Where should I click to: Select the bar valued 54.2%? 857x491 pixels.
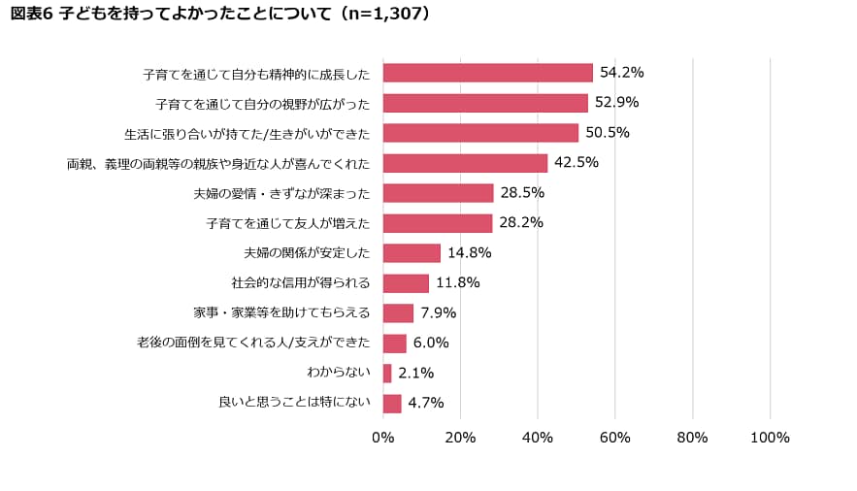pyautogui.click(x=487, y=73)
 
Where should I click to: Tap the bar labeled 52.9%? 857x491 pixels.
pyautogui.click(x=485, y=103)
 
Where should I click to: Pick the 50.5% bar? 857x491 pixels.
pyautogui.click(x=480, y=133)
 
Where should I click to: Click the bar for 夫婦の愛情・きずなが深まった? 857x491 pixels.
pyautogui.click(x=438, y=193)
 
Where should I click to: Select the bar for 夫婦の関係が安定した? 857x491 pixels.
pyautogui.click(x=412, y=253)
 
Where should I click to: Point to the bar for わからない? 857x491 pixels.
pyautogui.click(x=387, y=374)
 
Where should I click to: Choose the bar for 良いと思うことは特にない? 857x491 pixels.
pyautogui.click(x=392, y=404)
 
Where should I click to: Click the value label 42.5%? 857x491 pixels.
pyautogui.click(x=577, y=163)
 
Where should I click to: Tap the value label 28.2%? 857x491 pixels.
pyautogui.click(x=521, y=223)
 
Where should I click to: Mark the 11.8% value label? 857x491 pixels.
pyautogui.click(x=457, y=283)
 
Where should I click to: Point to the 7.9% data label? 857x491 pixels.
pyautogui.click(x=438, y=313)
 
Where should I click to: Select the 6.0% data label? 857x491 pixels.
pyautogui.click(x=431, y=344)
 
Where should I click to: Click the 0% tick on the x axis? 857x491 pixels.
pyautogui.click(x=383, y=438)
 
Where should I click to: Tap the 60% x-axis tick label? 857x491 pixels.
pyautogui.click(x=615, y=438)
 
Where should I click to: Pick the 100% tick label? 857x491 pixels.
pyautogui.click(x=770, y=438)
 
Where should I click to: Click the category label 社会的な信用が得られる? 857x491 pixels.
pyautogui.click(x=301, y=283)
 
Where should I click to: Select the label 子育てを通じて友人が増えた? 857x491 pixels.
pyautogui.click(x=288, y=223)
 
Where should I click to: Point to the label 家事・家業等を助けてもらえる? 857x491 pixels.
pyautogui.click(x=282, y=313)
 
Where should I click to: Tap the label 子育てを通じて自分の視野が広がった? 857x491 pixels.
pyautogui.click(x=262, y=103)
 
